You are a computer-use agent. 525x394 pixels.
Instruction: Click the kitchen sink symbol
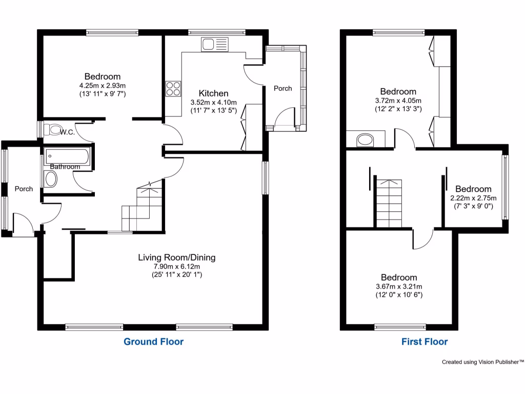[214, 45]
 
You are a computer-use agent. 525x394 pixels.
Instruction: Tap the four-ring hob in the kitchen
[173, 89]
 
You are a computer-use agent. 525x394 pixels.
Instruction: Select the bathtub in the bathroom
[67, 155]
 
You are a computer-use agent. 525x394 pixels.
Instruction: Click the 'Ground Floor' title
[153, 341]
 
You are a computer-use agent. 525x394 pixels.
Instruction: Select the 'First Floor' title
[425, 342]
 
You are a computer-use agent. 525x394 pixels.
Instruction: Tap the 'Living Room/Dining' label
[176, 258]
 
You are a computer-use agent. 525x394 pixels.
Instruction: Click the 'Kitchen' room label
[213, 93]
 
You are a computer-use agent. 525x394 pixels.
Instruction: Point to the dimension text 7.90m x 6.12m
[176, 266]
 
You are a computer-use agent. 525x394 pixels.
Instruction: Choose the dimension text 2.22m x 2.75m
[473, 198]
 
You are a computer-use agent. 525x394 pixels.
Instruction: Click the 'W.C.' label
[67, 132]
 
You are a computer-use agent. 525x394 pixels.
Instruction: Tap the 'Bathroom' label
[65, 167]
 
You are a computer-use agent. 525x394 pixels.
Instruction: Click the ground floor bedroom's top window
[112, 32]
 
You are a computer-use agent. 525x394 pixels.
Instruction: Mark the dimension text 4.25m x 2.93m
[103, 86]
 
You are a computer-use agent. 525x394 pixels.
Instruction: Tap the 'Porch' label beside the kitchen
[282, 88]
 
